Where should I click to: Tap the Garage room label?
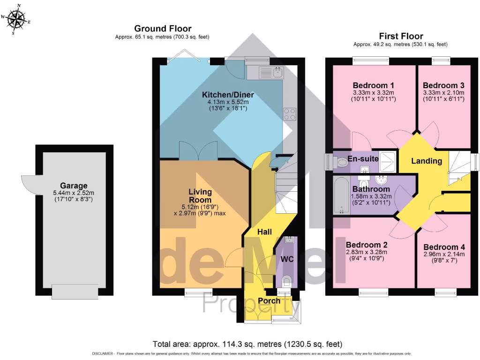pyautogui.click(x=74, y=186)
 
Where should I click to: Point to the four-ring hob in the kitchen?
pyautogui.click(x=289, y=114)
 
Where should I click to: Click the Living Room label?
pyautogui.click(x=200, y=196)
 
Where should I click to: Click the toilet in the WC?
pyautogui.click(x=288, y=280)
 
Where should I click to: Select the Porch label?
pyautogui.click(x=269, y=300)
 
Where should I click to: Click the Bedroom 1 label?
pyautogui.click(x=373, y=85)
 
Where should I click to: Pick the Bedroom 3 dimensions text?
pyautogui.click(x=443, y=96)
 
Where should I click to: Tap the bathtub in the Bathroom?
pyautogui.click(x=341, y=195)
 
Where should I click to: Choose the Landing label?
pyautogui.click(x=427, y=161)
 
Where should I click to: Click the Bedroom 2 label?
pyautogui.click(x=366, y=245)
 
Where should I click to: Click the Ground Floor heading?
pyautogui.click(x=163, y=29)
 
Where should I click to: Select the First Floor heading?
pyautogui.click(x=401, y=36)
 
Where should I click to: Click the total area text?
pyautogui.click(x=247, y=344)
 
